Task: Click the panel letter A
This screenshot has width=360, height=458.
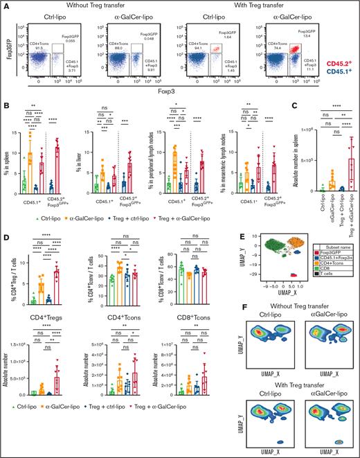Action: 6,6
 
